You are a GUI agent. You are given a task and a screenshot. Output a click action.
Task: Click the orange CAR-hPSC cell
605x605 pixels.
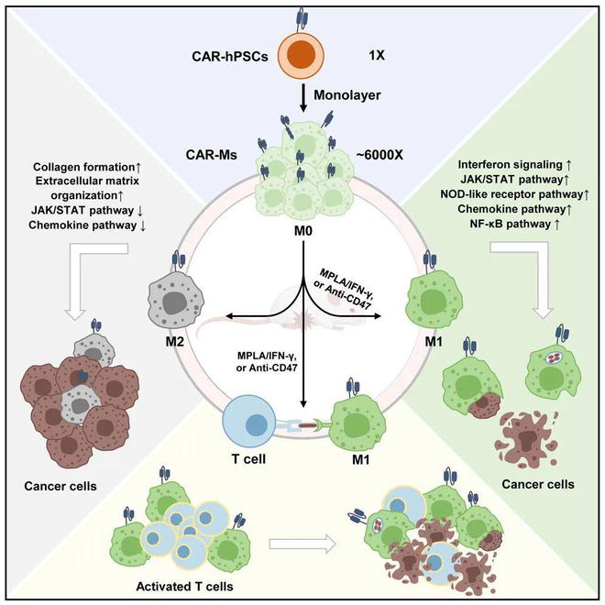(302, 55)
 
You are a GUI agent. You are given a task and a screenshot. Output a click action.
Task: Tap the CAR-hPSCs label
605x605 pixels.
(230, 57)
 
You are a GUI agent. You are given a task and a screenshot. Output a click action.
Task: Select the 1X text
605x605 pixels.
(377, 56)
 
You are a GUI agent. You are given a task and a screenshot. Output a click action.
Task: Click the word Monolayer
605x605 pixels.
(346, 95)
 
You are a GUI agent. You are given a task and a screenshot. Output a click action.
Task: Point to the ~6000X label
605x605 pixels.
(379, 155)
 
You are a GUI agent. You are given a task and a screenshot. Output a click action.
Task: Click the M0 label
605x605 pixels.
(302, 231)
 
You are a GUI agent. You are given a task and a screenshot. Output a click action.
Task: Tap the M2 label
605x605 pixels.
(174, 342)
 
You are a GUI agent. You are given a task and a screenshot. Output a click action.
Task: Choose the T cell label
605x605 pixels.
(248, 458)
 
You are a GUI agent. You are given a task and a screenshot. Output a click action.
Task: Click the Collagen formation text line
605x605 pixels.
(87, 167)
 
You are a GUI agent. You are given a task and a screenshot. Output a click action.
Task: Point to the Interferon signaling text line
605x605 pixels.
(514, 165)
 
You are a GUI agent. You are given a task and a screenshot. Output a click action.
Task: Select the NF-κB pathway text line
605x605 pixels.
(514, 225)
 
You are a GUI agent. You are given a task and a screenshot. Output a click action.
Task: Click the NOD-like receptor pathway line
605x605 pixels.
(515, 194)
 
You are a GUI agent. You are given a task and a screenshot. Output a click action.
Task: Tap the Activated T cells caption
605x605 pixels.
(184, 587)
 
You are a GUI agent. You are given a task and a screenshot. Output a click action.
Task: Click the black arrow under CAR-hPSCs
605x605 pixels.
(303, 99)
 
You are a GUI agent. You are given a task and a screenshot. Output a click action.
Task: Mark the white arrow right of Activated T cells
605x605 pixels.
(302, 544)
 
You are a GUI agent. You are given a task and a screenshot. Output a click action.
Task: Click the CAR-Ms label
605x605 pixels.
(212, 155)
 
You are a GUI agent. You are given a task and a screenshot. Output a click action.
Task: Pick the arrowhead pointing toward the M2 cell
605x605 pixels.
(230, 317)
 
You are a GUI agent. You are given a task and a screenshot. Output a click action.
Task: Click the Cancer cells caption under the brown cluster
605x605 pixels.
(60, 486)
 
